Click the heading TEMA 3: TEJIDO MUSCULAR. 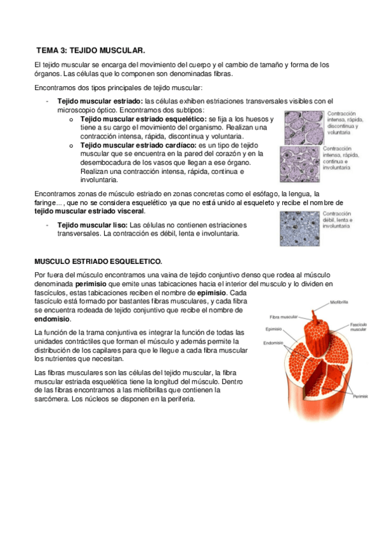pyautogui.click(x=90, y=49)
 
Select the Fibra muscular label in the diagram pyautogui.click(x=284, y=316)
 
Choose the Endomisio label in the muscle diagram pyautogui.click(x=274, y=343)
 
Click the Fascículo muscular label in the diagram pyautogui.click(x=358, y=326)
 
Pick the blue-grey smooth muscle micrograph pyautogui.click(x=302, y=228)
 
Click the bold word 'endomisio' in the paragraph pyautogui.click(x=52, y=319)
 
